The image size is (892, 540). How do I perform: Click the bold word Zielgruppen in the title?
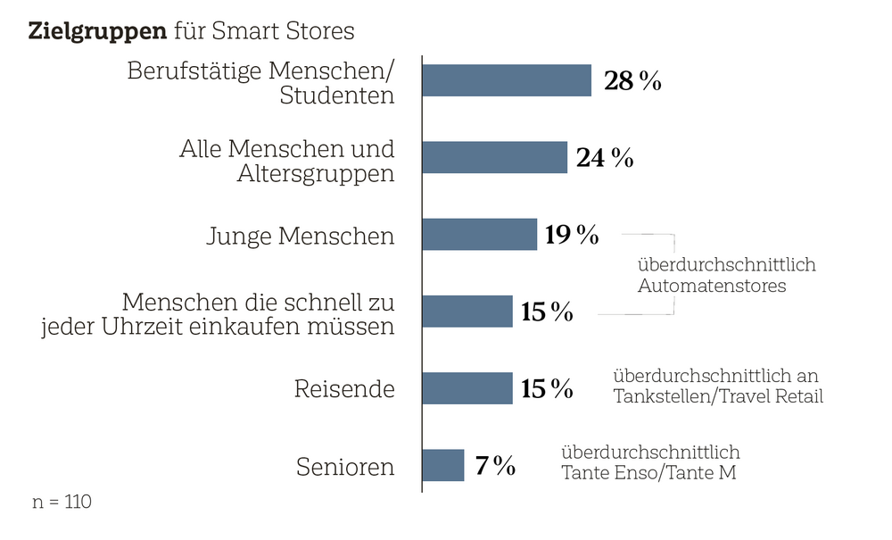pyautogui.click(x=97, y=31)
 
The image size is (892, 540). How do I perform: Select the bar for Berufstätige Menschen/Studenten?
pyautogui.click(x=506, y=80)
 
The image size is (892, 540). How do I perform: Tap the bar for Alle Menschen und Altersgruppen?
pyautogui.click(x=494, y=157)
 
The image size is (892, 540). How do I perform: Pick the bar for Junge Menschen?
pyautogui.click(x=479, y=235)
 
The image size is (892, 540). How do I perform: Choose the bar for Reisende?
pyautogui.click(x=467, y=388)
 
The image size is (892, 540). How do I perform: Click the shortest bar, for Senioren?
pyautogui.click(x=442, y=465)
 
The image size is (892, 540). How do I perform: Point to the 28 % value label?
pyautogui.click(x=632, y=81)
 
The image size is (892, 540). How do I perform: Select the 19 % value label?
pyautogui.click(x=572, y=236)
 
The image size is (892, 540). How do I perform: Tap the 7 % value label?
pyautogui.click(x=495, y=466)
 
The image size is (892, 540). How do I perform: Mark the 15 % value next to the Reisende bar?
pyautogui.click(x=547, y=389)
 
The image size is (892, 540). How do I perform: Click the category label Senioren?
pyautogui.click(x=344, y=467)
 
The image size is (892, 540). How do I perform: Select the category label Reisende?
pyautogui.click(x=344, y=389)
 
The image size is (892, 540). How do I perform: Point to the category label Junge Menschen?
pyautogui.click(x=300, y=237)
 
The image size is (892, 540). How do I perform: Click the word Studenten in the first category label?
pyautogui.click(x=336, y=96)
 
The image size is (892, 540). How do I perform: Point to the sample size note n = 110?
pyautogui.click(x=62, y=502)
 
